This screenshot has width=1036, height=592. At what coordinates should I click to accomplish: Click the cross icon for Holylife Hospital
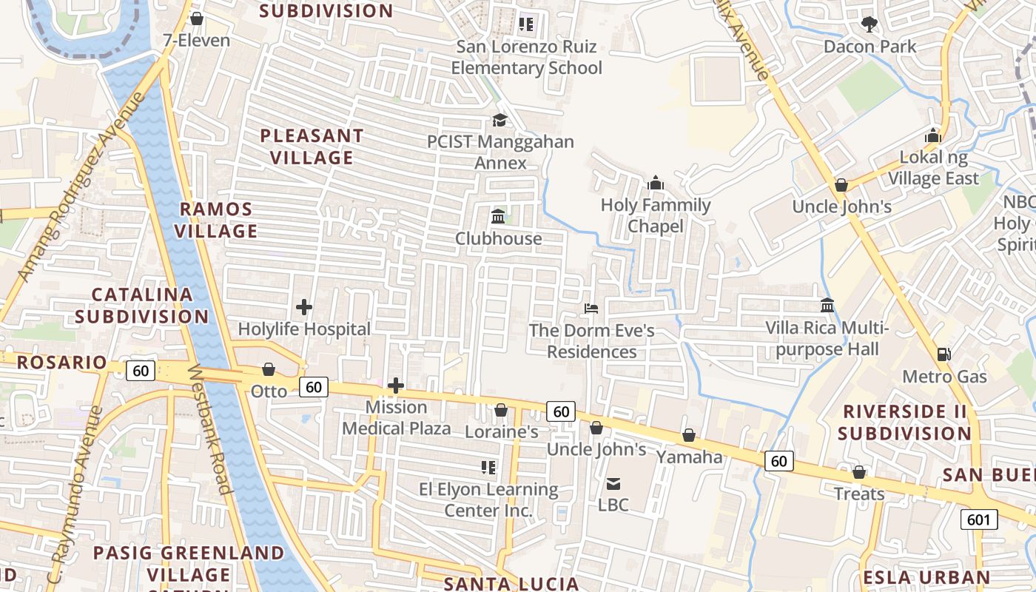tap(303, 306)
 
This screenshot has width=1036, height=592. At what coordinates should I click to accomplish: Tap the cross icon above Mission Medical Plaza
tap(396, 385)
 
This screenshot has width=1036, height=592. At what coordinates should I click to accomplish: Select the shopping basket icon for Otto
tap(269, 369)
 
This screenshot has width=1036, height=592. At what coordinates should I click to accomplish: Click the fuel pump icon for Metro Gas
tap(943, 354)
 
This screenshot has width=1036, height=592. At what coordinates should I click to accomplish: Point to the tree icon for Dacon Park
tap(869, 24)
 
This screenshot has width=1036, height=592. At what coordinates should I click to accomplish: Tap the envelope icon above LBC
tap(613, 484)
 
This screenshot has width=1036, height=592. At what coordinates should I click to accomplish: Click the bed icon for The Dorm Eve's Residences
tap(591, 308)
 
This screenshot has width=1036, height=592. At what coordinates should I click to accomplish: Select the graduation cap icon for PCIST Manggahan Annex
tap(500, 119)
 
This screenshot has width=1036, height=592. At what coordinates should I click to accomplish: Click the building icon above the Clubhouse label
tap(498, 217)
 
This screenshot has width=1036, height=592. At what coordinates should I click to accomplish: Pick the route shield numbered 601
tap(978, 519)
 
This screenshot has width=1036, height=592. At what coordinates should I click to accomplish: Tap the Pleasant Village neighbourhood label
tap(312, 147)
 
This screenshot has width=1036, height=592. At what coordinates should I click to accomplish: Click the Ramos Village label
tap(216, 220)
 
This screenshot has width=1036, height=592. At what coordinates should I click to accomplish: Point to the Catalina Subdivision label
tap(142, 305)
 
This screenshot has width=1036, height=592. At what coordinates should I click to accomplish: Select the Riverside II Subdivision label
tap(905, 422)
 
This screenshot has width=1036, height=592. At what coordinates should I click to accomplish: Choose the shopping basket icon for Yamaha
tap(688, 435)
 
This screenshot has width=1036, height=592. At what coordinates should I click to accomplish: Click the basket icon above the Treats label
tap(859, 471)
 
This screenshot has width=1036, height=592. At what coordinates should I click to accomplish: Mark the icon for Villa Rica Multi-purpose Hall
tap(827, 305)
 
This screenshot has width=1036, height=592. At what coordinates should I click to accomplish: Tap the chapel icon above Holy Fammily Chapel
tap(656, 183)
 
